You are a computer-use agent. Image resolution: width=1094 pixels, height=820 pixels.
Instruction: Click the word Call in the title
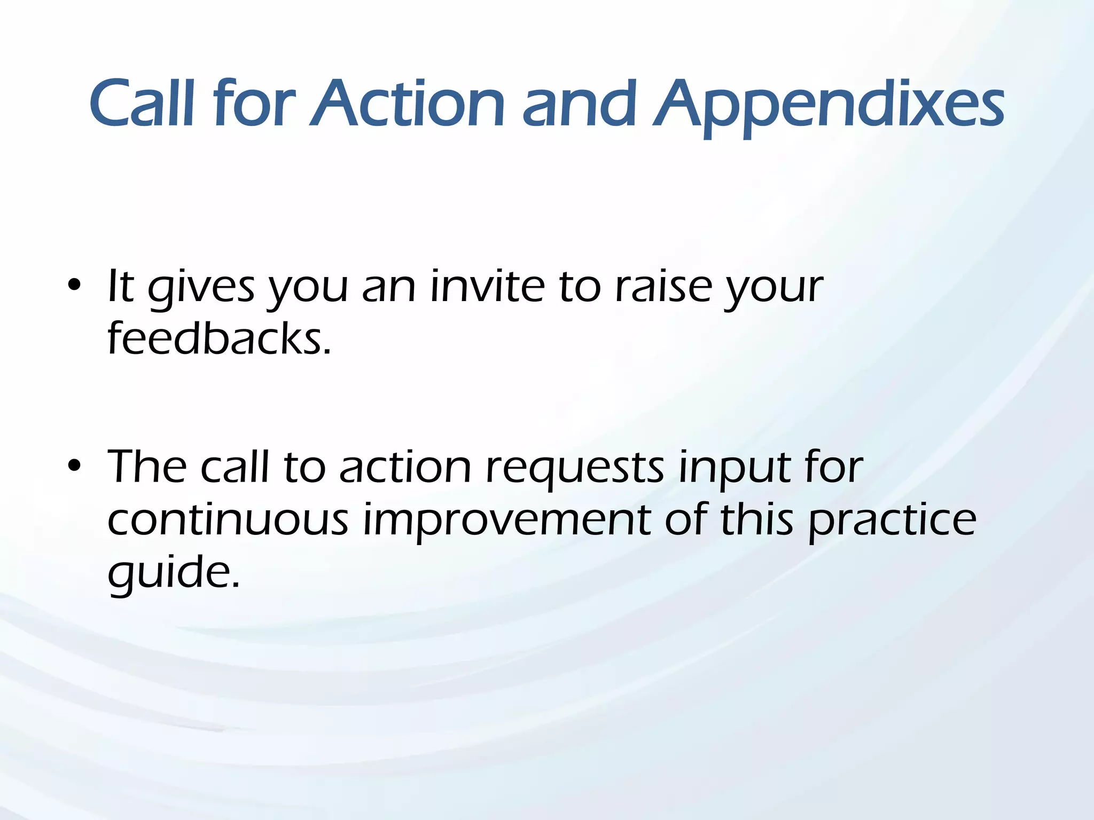tap(141, 104)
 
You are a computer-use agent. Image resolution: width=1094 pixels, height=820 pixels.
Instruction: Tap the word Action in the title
tap(407, 104)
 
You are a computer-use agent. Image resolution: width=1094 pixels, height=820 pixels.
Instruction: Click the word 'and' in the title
tap(579, 104)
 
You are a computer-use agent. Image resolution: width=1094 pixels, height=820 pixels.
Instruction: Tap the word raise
tap(663, 287)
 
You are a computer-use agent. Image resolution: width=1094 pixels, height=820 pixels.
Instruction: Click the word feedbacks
tap(219, 338)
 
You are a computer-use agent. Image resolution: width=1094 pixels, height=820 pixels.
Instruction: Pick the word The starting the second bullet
tap(146, 467)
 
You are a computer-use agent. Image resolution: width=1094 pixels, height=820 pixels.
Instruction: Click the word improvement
tap(506, 522)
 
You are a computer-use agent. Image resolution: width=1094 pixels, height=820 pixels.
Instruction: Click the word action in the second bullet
tap(405, 467)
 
